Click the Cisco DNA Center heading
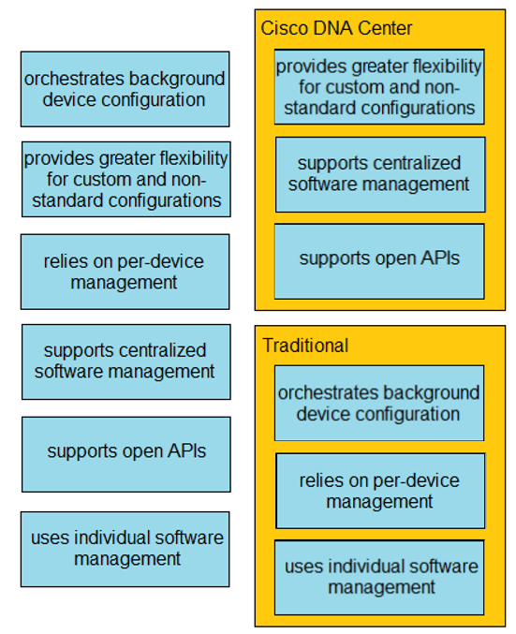pyautogui.click(x=336, y=29)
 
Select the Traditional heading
pyautogui.click(x=305, y=346)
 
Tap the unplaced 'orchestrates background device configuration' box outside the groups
pyautogui.click(x=125, y=89)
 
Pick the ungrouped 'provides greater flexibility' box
pyautogui.click(x=126, y=179)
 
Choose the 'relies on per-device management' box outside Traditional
pyautogui.click(x=125, y=272)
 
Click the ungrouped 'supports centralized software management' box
pyautogui.click(x=126, y=361)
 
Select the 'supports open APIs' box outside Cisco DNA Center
pyautogui.click(x=126, y=454)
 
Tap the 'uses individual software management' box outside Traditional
pyautogui.click(x=125, y=549)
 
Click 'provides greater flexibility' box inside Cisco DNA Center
pyautogui.click(x=379, y=87)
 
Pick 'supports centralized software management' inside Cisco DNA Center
pyautogui.click(x=380, y=174)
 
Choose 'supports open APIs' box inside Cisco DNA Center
pyautogui.click(x=379, y=261)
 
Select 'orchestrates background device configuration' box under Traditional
pyautogui.click(x=379, y=403)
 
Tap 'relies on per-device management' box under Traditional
pyautogui.click(x=380, y=491)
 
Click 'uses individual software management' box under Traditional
pyautogui.click(x=379, y=578)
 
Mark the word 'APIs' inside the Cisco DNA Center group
pyautogui.click(x=440, y=258)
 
